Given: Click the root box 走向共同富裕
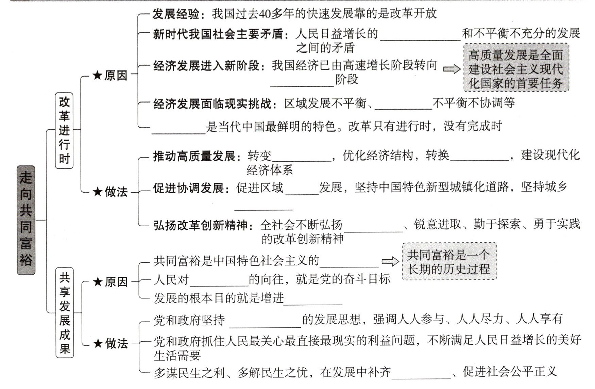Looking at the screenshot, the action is click(x=26, y=220).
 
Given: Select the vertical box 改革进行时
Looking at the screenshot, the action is click(x=64, y=130).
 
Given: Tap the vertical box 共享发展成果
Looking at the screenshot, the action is click(x=65, y=312).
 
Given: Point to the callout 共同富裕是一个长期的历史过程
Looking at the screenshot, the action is click(x=449, y=261).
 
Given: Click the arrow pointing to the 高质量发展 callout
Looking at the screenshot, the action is click(x=452, y=69).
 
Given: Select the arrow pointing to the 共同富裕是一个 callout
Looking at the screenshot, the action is click(x=390, y=261).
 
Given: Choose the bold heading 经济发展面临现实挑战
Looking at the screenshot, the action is click(x=213, y=103).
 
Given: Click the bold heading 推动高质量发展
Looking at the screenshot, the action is click(x=194, y=156).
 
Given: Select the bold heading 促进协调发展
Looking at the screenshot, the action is click(x=188, y=188).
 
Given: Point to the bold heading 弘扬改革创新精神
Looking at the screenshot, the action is click(x=200, y=225).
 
